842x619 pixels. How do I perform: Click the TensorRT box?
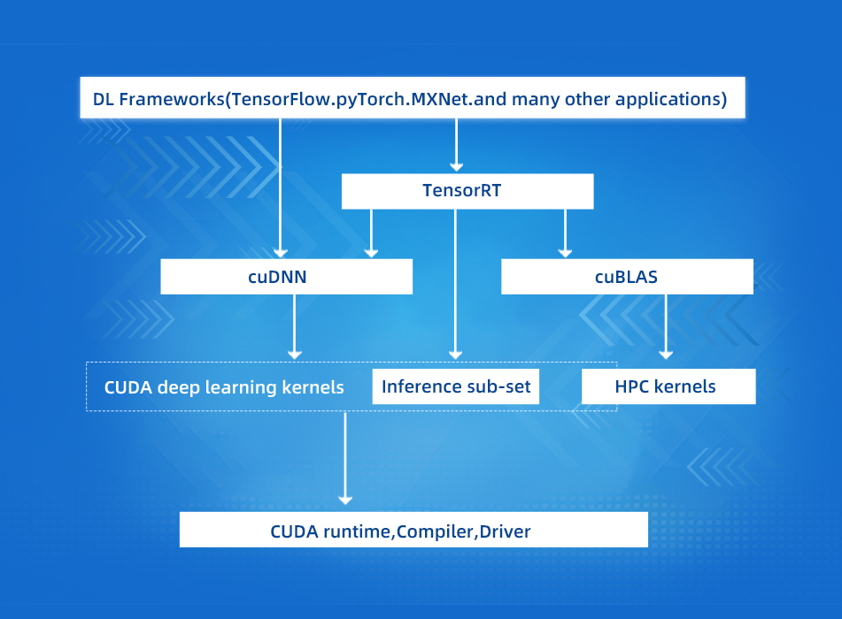(467, 191)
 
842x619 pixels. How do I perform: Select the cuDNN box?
(286, 277)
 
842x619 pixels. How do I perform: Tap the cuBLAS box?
(627, 277)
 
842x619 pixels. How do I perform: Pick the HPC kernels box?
(668, 386)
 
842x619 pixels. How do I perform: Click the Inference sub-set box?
(455, 386)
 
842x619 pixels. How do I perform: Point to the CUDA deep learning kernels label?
(224, 387)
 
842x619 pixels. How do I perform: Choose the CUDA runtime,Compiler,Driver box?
(413, 531)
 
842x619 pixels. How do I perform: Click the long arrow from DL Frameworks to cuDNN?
(280, 186)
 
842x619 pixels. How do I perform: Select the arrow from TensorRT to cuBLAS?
(564, 233)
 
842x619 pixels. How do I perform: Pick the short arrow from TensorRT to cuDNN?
(371, 233)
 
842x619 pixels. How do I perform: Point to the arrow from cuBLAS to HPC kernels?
(666, 327)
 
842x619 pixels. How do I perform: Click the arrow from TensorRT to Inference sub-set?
(455, 283)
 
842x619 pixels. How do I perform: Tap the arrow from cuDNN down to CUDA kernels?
(294, 327)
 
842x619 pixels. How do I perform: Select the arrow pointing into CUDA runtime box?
(344, 460)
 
